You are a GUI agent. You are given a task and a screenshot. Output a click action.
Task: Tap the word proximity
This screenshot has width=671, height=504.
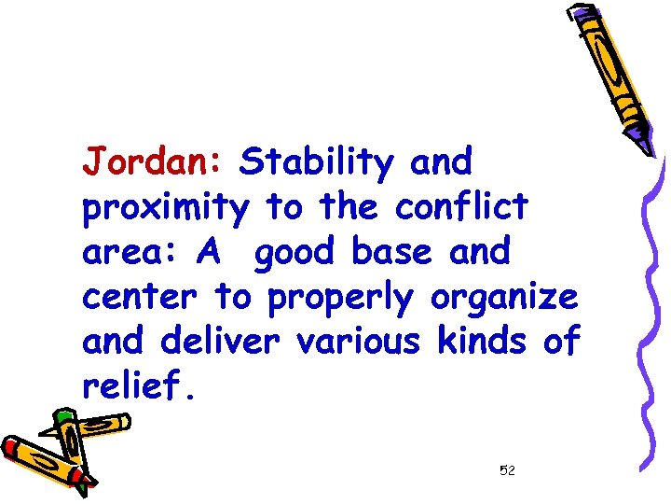point(165,207)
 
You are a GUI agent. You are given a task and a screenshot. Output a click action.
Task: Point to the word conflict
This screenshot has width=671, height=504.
point(461,207)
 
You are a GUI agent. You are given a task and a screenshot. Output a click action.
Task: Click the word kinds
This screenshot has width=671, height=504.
point(483,342)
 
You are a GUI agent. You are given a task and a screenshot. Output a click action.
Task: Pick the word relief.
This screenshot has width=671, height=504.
point(137,386)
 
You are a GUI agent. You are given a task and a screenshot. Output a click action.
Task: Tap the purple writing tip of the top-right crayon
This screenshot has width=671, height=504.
point(646,143)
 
